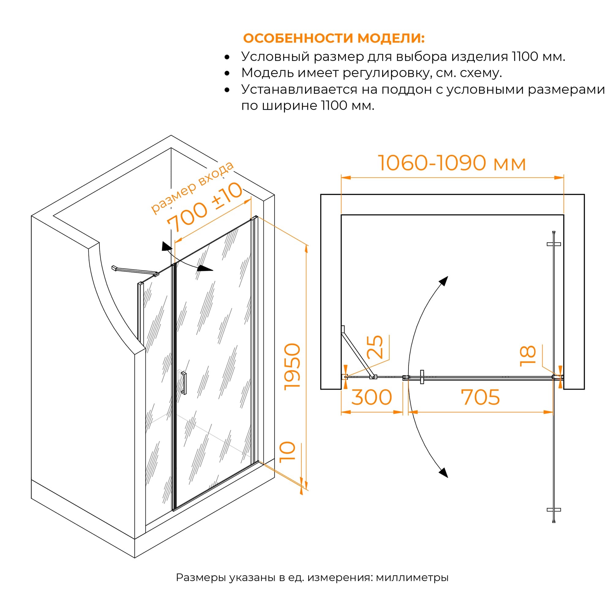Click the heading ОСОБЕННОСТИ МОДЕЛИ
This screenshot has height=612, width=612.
tap(334, 38)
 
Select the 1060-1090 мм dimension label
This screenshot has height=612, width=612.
tap(452, 163)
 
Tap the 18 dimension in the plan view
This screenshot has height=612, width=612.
tap(528, 356)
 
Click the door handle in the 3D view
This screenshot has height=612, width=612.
tap(184, 383)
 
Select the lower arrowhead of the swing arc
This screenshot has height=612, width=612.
tap(443, 472)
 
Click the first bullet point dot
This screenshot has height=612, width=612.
tap(227, 57)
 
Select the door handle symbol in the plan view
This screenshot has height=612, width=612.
tap(422, 377)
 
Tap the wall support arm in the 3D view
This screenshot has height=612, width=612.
tap(135, 271)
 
